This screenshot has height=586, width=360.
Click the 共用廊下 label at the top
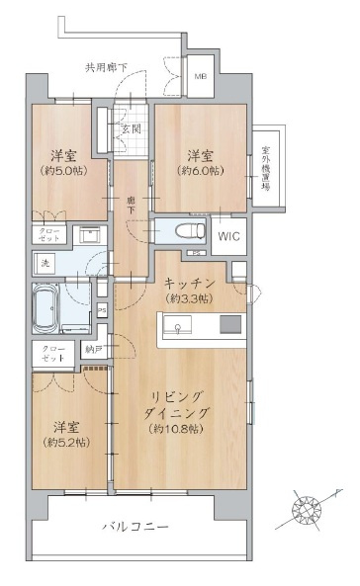tap(105, 67)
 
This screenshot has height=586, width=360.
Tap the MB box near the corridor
tap(200, 77)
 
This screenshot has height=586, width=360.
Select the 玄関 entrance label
tap(131, 129)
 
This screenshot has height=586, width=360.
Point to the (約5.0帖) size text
tap(64, 171)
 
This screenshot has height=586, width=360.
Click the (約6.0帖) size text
tap(201, 171)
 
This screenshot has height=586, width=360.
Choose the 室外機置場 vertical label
tap(266, 174)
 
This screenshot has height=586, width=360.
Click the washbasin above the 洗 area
tap(88, 237)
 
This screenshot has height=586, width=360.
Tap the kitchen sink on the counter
tap(180, 327)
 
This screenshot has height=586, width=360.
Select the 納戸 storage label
tap(93, 350)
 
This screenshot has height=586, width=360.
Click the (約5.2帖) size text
tap(67, 442)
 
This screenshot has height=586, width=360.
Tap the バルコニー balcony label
tap(135, 528)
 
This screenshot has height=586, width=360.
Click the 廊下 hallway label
tap(131, 202)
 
